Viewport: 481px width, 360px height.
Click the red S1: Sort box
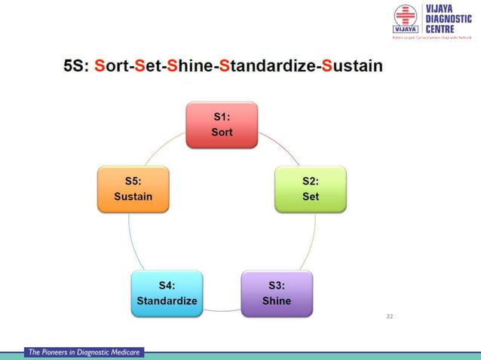[222, 125]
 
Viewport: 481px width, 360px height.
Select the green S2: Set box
[311, 188]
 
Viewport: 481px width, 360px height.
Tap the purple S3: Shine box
[277, 293]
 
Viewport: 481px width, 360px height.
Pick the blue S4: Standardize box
[167, 293]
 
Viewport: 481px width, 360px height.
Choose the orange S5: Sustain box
[133, 188]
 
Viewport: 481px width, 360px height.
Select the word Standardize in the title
[267, 66]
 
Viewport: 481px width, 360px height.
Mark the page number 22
[390, 316]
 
